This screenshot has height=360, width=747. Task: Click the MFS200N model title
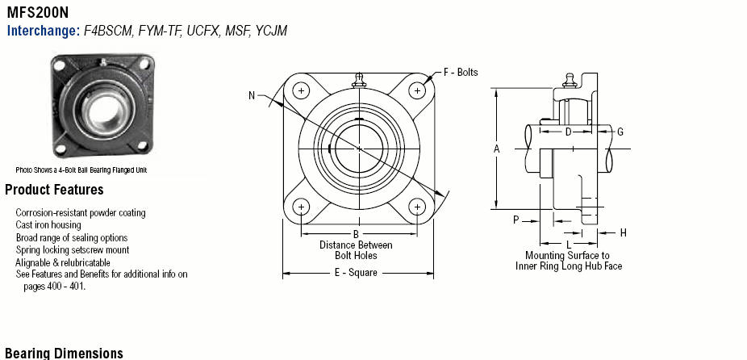38,11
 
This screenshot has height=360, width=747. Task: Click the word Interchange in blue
44,31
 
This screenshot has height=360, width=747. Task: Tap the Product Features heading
54,190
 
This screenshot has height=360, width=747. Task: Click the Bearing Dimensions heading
64,354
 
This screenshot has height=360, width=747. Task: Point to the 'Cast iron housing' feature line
48,225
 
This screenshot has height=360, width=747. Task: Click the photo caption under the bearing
81,170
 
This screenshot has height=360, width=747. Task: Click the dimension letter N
252,96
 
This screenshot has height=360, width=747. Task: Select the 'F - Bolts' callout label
461,73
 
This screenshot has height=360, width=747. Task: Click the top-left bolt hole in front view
301,90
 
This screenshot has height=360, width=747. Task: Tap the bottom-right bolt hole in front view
417,207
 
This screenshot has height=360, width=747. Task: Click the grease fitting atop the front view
359,81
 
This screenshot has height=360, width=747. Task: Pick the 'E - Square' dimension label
356,273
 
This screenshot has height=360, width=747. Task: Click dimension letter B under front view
356,234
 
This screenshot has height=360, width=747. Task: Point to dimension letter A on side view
496,149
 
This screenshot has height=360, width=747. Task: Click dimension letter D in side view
568,132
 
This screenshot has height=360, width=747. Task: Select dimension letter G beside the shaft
620,132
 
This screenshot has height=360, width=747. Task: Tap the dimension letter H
623,232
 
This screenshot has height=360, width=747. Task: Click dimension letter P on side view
516,220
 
